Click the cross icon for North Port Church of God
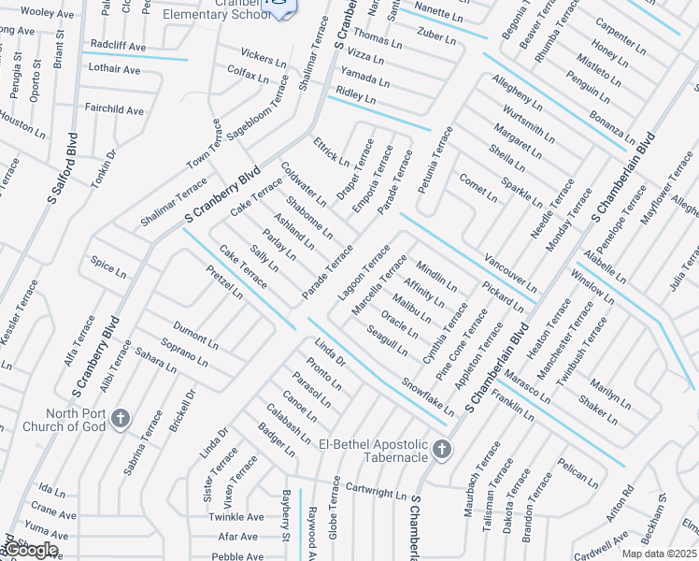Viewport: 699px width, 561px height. (120, 418)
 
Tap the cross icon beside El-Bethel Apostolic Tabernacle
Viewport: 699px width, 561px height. (442, 452)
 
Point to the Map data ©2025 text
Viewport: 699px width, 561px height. (658, 554)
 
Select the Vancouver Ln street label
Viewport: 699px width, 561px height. (510, 272)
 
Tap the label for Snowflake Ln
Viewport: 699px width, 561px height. (428, 396)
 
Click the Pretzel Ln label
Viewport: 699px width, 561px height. (224, 280)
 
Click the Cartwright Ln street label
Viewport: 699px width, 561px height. (377, 490)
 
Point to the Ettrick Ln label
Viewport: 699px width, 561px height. (331, 152)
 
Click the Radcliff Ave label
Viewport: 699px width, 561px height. (119, 46)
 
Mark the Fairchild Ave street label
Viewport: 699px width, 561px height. (114, 110)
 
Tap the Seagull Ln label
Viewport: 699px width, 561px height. (387, 340)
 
